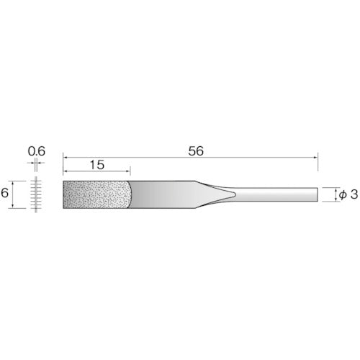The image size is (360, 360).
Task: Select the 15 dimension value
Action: tap(97, 165)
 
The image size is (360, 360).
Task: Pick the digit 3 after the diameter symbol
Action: tap(353, 194)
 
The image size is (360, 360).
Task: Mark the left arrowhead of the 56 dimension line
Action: tap(65, 156)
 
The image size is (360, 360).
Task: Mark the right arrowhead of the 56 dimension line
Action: tap(315, 156)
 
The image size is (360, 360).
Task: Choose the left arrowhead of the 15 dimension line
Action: tap(65, 170)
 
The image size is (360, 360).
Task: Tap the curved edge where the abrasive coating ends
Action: tap(132, 194)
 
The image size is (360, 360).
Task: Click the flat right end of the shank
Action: tap(318, 194)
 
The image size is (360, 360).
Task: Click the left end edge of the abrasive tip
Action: tap(63, 194)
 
